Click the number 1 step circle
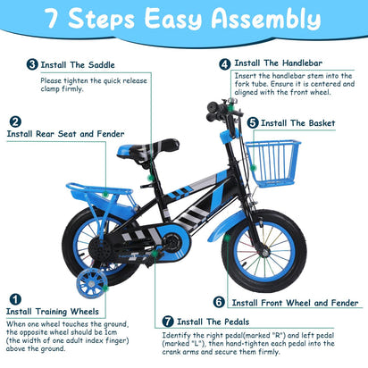point(15,299)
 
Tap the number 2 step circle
point(15,121)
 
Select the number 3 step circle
point(32,64)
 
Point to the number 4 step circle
point(225,64)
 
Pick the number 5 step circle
point(253,123)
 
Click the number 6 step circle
point(219,302)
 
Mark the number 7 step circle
point(168,322)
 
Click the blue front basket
point(272,163)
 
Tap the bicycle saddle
point(147,150)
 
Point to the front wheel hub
point(264,253)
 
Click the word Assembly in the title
point(266,19)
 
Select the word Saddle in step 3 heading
point(102,65)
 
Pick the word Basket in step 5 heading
point(322,123)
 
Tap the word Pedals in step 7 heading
point(237,322)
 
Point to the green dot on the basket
point(253,169)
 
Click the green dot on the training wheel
point(105,289)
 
